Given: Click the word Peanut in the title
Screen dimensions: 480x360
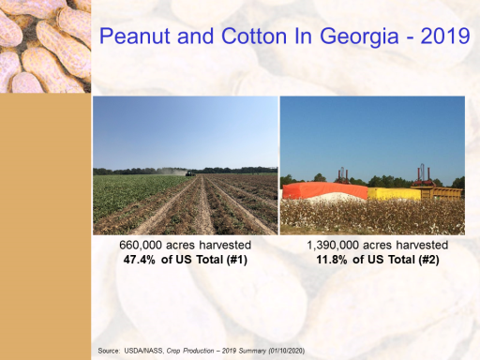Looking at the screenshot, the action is click(135, 36).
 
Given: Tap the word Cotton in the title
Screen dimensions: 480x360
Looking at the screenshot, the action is click(254, 36).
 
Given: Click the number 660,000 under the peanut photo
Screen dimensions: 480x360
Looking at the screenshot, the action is click(141, 246).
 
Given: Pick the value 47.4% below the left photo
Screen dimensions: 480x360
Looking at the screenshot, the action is click(139, 260).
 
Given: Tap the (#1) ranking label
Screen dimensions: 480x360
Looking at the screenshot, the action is click(236, 260).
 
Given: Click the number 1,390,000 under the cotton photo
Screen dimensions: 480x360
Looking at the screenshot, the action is click(333, 246).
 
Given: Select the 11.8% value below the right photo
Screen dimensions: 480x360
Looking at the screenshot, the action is click(332, 260).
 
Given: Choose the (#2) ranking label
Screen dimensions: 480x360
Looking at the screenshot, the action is click(428, 260).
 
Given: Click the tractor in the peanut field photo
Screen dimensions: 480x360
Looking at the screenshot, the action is click(190, 173).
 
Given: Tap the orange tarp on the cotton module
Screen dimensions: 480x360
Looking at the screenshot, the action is click(325, 189).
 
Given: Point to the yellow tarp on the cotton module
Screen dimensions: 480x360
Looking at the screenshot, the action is click(394, 194).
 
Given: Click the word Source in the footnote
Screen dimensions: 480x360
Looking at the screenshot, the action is click(108, 351).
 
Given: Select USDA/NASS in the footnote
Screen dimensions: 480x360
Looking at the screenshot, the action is click(142, 351).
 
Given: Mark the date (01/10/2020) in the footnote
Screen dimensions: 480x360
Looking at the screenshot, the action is click(287, 351).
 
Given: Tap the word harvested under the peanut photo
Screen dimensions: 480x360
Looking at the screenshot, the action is click(225, 245).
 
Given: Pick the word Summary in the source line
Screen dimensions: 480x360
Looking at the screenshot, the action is click(252, 351).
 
